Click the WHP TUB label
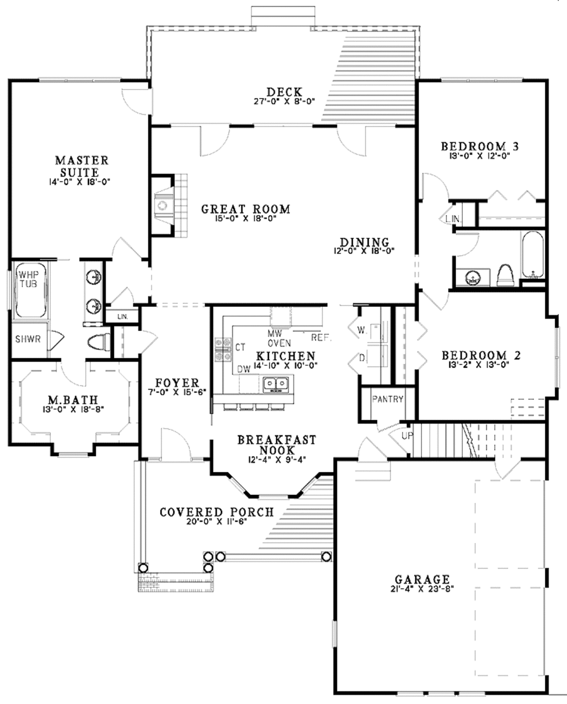25,279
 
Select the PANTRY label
387,399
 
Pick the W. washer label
363,330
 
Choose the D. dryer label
363,359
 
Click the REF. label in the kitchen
321,337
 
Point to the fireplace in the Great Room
163,206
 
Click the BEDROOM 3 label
480,147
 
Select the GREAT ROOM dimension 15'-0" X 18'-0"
245,219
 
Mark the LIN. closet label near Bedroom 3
452,219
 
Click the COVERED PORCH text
217,512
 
